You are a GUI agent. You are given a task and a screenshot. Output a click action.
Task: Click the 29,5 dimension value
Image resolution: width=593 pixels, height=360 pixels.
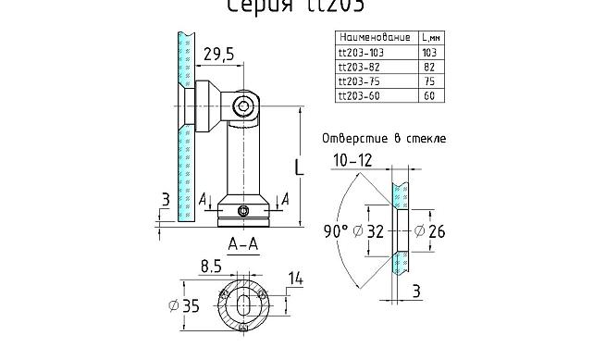pyautogui.click(x=219, y=55)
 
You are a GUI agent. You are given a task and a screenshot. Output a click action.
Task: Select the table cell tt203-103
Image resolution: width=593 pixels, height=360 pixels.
pyautogui.click(x=363, y=53)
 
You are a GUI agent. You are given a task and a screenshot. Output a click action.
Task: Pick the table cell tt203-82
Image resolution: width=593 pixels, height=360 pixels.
pyautogui.click(x=361, y=67)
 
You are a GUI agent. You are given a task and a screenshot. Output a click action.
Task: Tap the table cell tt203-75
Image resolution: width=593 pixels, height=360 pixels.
pyautogui.click(x=361, y=81)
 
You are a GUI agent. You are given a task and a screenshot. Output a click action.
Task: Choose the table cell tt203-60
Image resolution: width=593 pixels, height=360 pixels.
pyautogui.click(x=361, y=94)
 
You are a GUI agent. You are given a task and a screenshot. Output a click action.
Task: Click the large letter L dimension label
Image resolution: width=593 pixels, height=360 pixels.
pyautogui.click(x=298, y=168)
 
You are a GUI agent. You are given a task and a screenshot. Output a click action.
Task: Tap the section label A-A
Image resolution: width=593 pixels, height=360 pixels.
pyautogui.click(x=242, y=245)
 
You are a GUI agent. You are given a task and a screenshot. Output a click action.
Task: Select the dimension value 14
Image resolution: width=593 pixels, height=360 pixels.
pyautogui.click(x=296, y=279)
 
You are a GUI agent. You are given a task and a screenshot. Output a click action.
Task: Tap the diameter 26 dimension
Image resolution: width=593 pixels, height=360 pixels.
pyautogui.click(x=430, y=230)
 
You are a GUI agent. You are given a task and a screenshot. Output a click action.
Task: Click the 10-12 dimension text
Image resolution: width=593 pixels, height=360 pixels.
pyautogui.click(x=353, y=161)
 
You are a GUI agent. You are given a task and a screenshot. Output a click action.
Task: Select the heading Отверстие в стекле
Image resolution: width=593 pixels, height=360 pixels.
pyautogui.click(x=383, y=138)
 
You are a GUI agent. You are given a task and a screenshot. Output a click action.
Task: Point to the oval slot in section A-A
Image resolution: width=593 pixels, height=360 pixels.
pyautogui.click(x=242, y=305)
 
